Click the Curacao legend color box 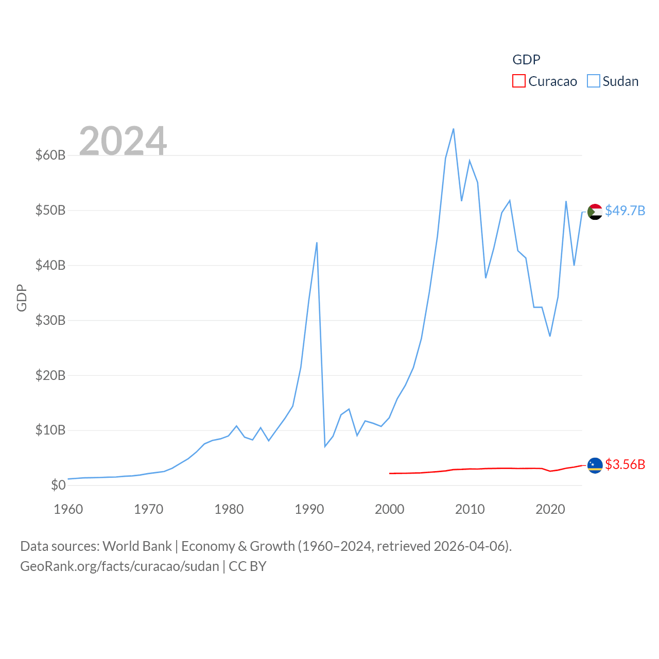[519, 81]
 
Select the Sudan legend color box [594, 81]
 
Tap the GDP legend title [526, 60]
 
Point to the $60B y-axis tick [50, 155]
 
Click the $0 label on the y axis [58, 485]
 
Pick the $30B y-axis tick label [50, 320]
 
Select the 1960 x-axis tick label [68, 509]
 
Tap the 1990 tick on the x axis [309, 509]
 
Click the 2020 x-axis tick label [550, 509]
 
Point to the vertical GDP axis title [22, 298]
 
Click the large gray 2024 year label [123, 141]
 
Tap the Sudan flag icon [595, 212]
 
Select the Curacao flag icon [595, 465]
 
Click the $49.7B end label [625, 211]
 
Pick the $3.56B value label [625, 464]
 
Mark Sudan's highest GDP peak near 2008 [453, 129]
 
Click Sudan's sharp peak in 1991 [317, 242]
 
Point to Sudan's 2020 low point [550, 336]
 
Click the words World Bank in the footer [137, 546]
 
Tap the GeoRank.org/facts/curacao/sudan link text [119, 566]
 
